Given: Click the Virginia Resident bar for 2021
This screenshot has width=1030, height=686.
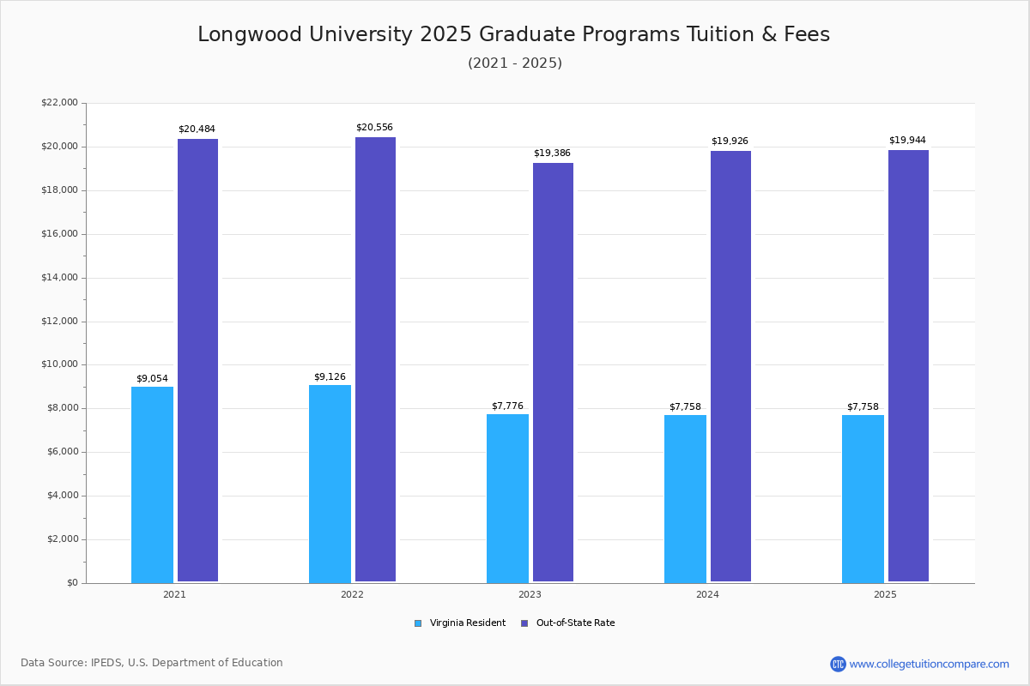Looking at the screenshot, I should coord(152,484).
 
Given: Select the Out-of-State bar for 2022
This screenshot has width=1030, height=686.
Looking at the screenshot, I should coord(375,360).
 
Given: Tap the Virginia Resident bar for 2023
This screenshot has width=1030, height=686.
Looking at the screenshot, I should coord(507,498).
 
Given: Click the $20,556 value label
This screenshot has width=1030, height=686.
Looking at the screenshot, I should coord(374,128).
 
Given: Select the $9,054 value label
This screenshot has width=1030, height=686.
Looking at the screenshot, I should coord(152,379).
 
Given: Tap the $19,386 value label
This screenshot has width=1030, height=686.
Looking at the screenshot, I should coord(552,153).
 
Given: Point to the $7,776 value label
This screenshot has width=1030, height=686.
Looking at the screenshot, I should coord(507,406).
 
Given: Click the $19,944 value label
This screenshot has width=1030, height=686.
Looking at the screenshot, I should coord(907,141).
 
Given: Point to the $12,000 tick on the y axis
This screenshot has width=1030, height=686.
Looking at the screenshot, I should coord(59,322).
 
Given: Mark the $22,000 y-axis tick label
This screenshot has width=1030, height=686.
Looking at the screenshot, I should coord(59,103).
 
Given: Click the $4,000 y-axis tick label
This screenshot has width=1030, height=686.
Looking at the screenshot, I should coord(62,496).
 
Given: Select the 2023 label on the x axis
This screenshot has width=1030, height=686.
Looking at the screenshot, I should coord(530,594).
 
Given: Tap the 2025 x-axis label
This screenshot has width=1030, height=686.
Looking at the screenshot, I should coord(885,594).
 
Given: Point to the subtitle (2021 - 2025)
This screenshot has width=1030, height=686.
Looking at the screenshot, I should coord(515,63).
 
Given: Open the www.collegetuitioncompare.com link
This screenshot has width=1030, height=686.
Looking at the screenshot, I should coord(929,664).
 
